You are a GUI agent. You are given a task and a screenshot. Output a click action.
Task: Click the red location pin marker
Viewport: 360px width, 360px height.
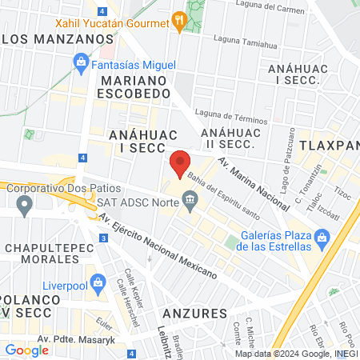click(180, 164)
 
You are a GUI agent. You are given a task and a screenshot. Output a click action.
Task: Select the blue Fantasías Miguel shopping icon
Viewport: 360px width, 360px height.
click(81, 62)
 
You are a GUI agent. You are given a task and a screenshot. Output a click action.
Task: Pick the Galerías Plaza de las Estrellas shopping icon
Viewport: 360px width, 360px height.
click(322, 238)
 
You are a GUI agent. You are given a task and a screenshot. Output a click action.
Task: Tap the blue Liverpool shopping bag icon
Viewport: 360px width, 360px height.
click(98, 282)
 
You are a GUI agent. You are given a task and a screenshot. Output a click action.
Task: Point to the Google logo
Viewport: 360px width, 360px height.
click(26, 350)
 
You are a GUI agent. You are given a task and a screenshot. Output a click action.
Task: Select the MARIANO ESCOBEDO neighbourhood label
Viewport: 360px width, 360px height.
click(134, 86)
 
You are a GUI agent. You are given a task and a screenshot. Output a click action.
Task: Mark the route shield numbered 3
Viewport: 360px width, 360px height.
click(103, 238)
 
